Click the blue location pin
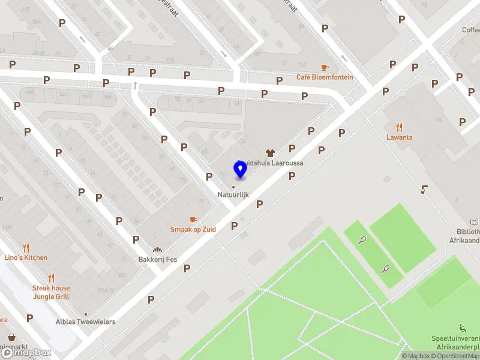(x=241, y=170)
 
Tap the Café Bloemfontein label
(x=325, y=77)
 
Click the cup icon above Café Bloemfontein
(x=325, y=67)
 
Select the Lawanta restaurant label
(x=399, y=137)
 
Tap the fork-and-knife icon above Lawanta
(x=399, y=127)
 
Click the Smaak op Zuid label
(x=193, y=229)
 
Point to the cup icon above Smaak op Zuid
(x=193, y=220)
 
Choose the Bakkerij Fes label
(x=158, y=260)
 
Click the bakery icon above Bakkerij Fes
(x=158, y=250)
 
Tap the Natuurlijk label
(x=233, y=195)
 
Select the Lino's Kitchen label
(x=26, y=258)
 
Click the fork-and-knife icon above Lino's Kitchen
(x=26, y=247)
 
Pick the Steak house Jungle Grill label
(x=51, y=292)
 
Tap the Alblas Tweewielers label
(x=85, y=322)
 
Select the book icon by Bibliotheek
(x=475, y=222)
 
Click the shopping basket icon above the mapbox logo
(x=11, y=337)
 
